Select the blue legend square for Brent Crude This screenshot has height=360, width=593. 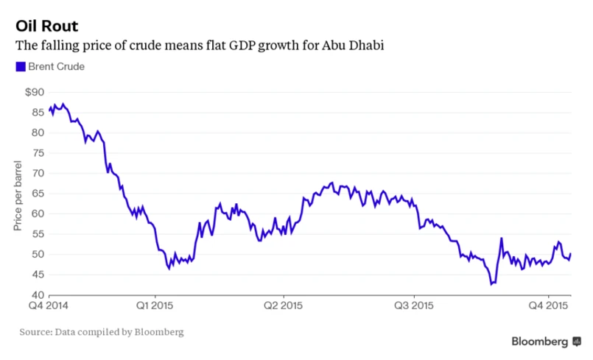(x=20, y=67)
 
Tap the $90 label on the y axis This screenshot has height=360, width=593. (x=35, y=92)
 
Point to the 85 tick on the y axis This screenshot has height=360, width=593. (x=37, y=113)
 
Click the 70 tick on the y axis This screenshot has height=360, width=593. (x=37, y=174)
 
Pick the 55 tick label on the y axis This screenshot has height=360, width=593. (x=37, y=234)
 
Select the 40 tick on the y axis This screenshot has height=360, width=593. (x=37, y=295)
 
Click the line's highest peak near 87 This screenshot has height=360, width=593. (x=63, y=105)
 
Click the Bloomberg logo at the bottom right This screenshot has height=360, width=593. (x=545, y=342)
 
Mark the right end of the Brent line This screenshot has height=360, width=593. (x=571, y=254)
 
